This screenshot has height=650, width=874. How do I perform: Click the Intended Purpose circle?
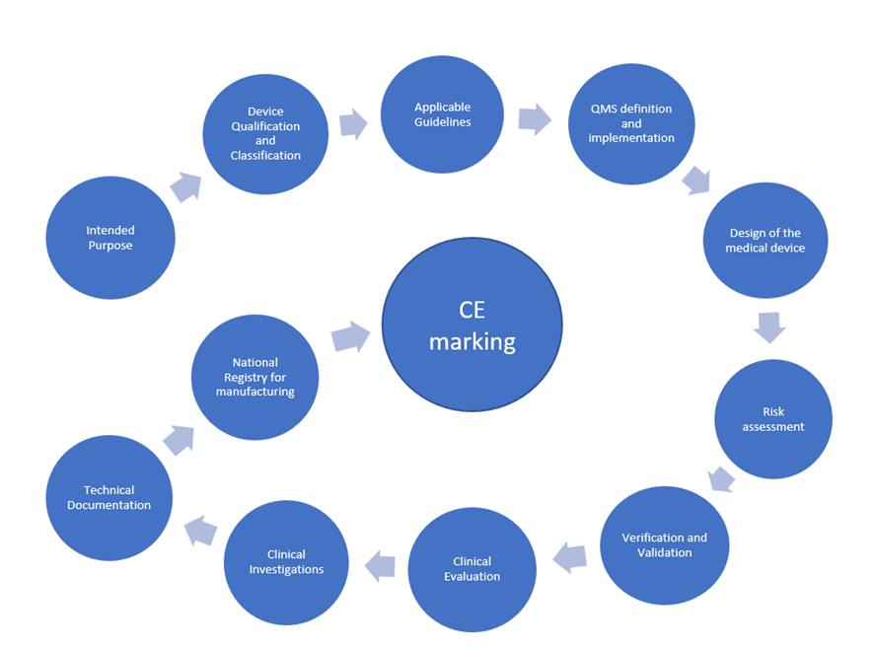(109, 238)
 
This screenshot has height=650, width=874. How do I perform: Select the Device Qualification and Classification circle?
(265, 134)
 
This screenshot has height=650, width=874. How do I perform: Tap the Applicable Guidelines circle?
(442, 114)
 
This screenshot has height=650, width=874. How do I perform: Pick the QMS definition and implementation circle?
(631, 123)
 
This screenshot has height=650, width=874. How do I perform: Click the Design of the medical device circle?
(765, 240)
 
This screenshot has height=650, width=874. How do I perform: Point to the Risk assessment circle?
(772, 419)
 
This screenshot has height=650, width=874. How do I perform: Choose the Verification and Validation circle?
(664, 544)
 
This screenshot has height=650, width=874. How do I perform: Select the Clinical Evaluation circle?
(472, 569)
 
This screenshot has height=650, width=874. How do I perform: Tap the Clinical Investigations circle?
(286, 562)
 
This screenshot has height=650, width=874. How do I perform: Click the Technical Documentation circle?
(109, 497)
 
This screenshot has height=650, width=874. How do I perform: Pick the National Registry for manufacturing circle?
(255, 377)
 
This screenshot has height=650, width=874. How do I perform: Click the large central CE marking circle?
(473, 325)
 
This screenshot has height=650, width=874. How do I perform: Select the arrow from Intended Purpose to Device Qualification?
(185, 185)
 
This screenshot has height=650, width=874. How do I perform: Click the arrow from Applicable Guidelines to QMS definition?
(534, 118)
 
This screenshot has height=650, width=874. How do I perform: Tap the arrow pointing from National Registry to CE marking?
(350, 335)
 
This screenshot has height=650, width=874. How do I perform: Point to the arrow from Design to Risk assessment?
(768, 326)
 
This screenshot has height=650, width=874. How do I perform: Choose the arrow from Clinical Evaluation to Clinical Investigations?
(380, 565)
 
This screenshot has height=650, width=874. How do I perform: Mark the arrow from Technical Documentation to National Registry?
(179, 439)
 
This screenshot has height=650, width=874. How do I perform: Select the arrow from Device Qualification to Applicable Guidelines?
(352, 123)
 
